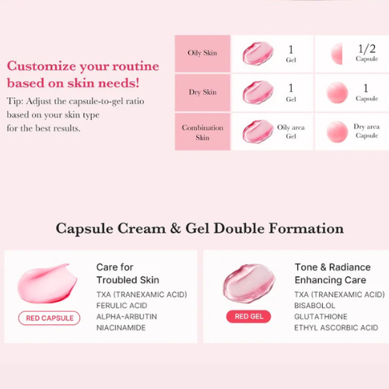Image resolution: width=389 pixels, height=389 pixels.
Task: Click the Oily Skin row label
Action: tap(202, 53)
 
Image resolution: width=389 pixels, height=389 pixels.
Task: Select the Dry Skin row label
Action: tap(202, 92)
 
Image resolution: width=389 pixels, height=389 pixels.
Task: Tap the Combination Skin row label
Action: tap(202, 132)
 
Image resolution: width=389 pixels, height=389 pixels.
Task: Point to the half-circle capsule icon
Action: tap(337, 54)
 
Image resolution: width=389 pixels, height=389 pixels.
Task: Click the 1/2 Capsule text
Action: tap(366, 53)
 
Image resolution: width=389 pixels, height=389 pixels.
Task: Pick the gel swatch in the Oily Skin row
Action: tap(258, 54)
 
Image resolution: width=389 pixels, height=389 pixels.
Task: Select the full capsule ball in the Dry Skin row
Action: tap(337, 93)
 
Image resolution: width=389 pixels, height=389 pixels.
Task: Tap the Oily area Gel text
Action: tap(291, 131)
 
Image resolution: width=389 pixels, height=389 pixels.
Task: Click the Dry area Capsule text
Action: tap(366, 131)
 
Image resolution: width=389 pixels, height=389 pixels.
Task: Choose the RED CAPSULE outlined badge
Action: tap(49, 318)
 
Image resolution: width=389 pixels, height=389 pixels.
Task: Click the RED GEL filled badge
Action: tap(248, 317)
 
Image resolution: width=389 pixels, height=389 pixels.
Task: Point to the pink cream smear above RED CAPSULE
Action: tap(47, 283)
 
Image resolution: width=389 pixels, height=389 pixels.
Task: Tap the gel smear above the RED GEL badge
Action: tap(249, 283)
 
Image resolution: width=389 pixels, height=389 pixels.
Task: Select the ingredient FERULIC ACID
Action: tap(121, 306)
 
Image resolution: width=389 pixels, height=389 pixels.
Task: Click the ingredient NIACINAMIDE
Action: tap(121, 328)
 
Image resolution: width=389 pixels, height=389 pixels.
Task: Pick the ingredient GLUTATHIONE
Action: tap(321, 317)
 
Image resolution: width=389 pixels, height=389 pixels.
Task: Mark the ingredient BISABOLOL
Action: tap(314, 306)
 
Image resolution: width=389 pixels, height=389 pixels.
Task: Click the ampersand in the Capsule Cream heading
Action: tap(175, 229)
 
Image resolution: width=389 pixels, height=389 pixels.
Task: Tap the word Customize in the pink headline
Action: tap(41, 66)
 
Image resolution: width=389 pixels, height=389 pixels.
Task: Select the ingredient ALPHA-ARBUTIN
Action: tap(127, 317)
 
